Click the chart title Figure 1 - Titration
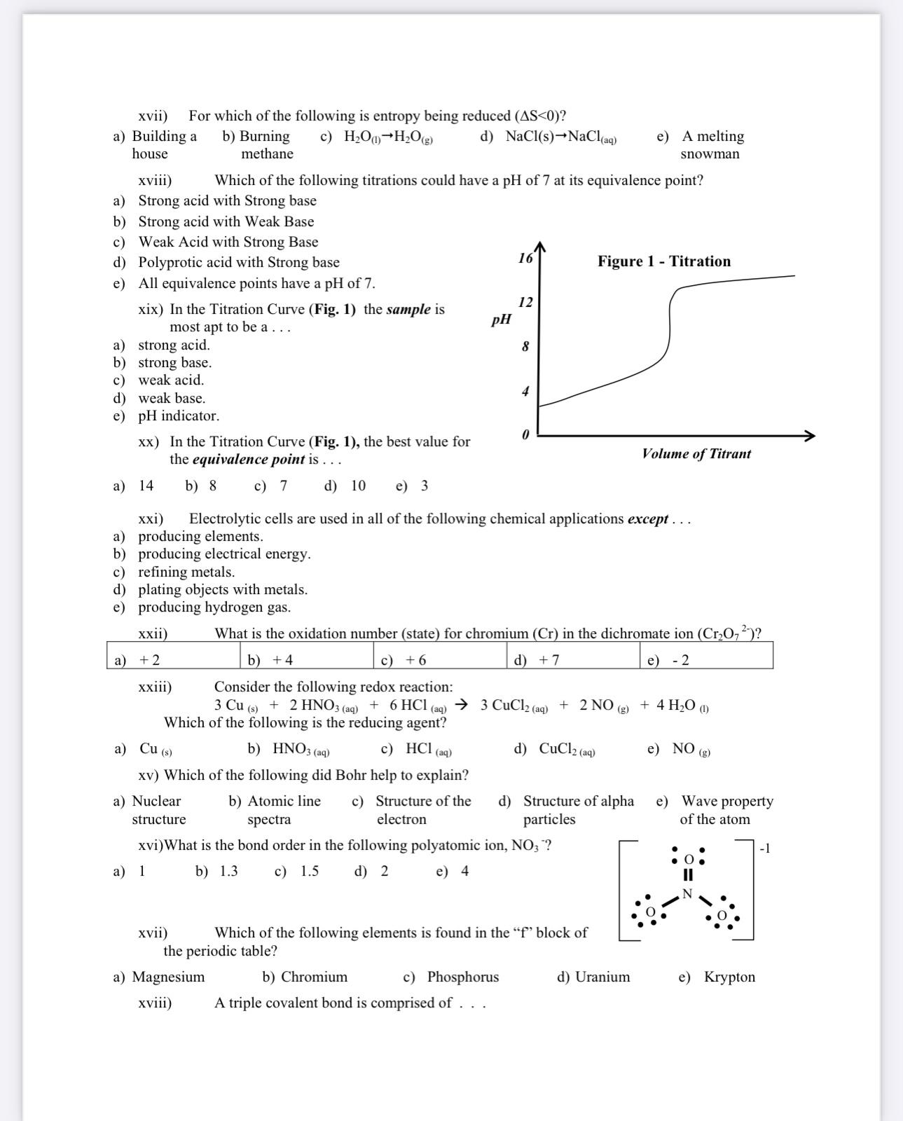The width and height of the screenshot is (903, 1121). point(663,261)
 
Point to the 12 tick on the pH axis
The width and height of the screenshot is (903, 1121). point(525,302)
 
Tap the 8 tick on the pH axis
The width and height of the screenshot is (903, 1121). point(525,347)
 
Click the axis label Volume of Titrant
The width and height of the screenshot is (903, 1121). point(696,454)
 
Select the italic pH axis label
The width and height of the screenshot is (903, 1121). point(501,320)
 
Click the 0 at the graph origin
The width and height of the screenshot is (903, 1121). point(525,435)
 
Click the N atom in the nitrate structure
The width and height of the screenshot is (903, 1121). point(687,893)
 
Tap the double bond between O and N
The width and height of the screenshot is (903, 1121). point(688,875)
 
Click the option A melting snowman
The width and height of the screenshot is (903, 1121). point(712,145)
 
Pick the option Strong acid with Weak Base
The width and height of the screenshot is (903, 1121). point(226,221)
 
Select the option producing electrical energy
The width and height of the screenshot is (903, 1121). point(224,553)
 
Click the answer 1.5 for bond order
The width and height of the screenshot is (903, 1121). point(309,872)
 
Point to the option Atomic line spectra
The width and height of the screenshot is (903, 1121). point(283,810)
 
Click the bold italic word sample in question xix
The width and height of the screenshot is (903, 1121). point(408,310)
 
